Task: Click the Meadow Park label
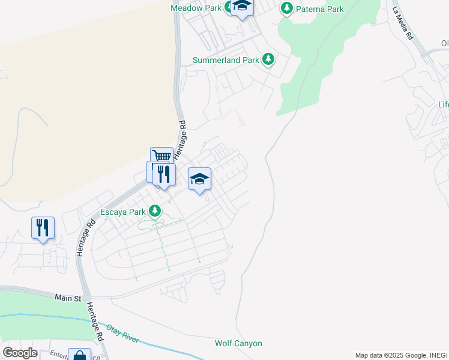(x=196, y=8)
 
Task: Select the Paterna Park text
(x=321, y=9)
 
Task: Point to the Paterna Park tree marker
(x=287, y=8)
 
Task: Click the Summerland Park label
(x=225, y=60)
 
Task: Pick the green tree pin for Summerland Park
(x=269, y=59)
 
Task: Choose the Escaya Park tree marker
(x=155, y=211)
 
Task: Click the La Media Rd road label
(x=403, y=23)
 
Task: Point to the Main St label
(x=67, y=298)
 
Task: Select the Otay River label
(x=122, y=334)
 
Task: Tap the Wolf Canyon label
(x=238, y=343)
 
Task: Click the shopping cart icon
(x=161, y=156)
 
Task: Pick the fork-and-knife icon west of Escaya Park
(x=43, y=227)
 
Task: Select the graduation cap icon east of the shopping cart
(x=199, y=178)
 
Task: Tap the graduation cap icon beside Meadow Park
(x=242, y=7)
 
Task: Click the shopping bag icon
(x=79, y=355)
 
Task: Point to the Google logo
(x=20, y=353)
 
